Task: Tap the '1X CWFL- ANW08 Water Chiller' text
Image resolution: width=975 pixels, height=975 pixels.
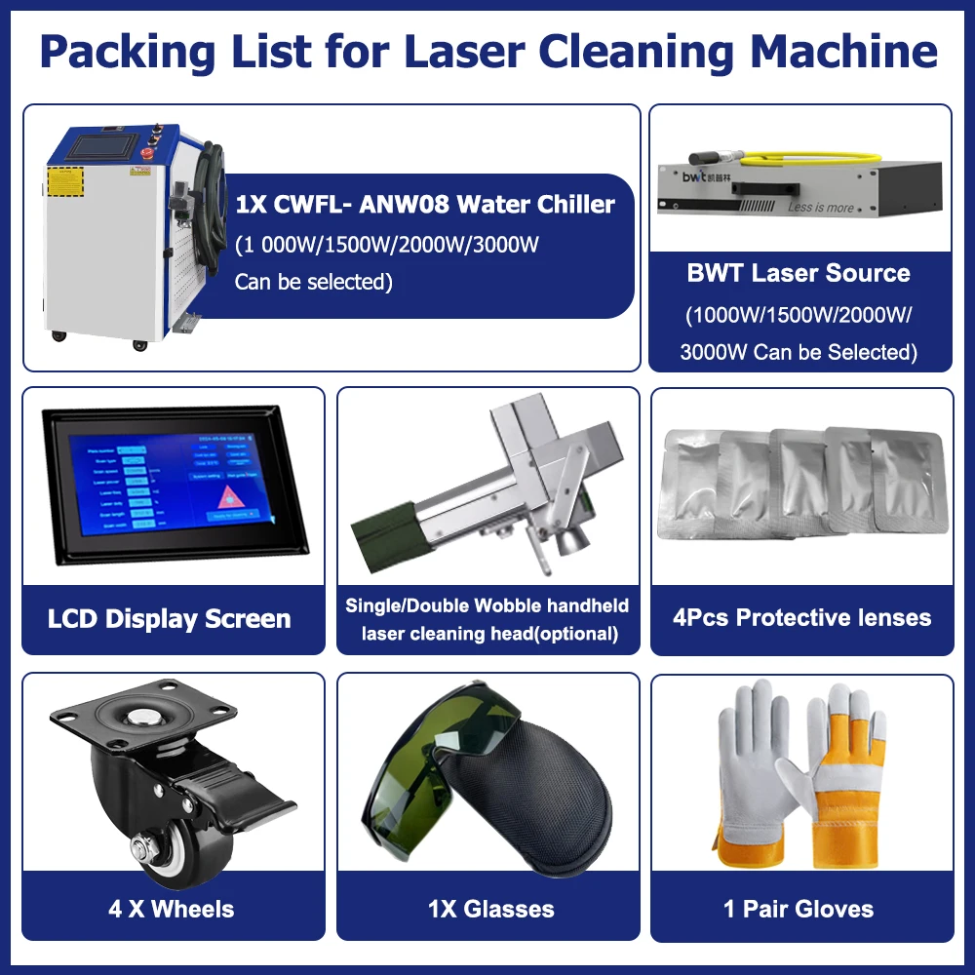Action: click(425, 204)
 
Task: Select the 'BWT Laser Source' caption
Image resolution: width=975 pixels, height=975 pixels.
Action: click(799, 273)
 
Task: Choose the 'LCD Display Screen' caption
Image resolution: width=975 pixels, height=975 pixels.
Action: click(170, 619)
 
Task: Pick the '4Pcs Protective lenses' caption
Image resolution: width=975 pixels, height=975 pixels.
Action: click(801, 617)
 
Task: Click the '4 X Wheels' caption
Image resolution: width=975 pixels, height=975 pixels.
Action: click(172, 909)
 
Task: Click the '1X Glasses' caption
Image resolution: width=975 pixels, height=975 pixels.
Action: click(490, 909)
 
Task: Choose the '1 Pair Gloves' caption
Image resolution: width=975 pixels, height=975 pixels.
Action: click(799, 909)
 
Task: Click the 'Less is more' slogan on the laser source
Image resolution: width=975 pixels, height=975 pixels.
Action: click(820, 207)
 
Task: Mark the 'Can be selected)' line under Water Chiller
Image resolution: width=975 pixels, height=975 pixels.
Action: click(313, 282)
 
